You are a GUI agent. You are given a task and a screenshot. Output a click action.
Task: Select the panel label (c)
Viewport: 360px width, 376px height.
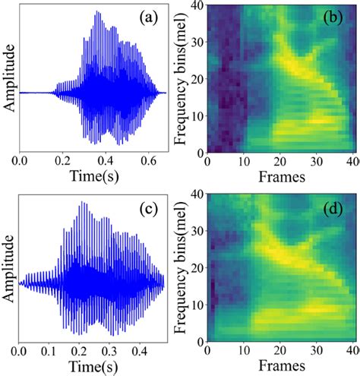(x=147, y=207)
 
